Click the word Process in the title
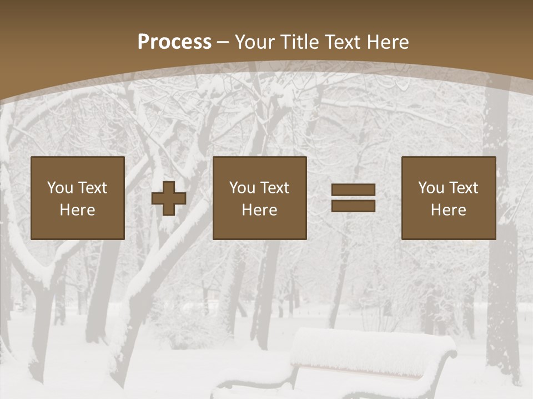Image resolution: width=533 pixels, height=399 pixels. pyautogui.click(x=174, y=42)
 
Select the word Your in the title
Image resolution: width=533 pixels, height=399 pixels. pyautogui.click(x=254, y=42)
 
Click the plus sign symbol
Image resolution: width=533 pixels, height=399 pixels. pyautogui.click(x=169, y=198)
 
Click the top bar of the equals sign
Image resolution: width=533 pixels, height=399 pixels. pyautogui.click(x=353, y=190)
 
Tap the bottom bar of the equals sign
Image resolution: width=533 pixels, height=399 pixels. pyautogui.click(x=353, y=206)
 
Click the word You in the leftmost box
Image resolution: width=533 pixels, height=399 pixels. pyautogui.click(x=59, y=188)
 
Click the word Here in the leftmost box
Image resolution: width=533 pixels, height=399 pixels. pyautogui.click(x=78, y=210)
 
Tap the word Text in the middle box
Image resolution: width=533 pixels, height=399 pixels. pyautogui.click(x=275, y=188)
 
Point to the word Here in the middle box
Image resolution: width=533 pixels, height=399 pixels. pyautogui.click(x=260, y=210)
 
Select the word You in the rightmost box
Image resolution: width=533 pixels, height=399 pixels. pyautogui.click(x=430, y=188)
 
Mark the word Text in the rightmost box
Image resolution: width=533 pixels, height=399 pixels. pyautogui.click(x=464, y=188)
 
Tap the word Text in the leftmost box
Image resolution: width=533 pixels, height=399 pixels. pyautogui.click(x=93, y=188)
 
